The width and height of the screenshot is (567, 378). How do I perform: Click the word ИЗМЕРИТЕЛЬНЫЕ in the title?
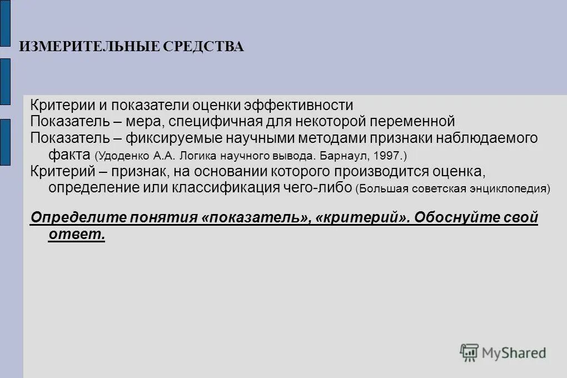tap(89, 46)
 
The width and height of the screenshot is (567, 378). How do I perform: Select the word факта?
tap(69, 155)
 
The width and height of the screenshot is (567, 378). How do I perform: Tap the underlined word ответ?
tap(77, 234)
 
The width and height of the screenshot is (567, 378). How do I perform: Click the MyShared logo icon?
tap(469, 352)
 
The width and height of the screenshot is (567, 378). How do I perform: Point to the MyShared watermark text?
tap(514, 352)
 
